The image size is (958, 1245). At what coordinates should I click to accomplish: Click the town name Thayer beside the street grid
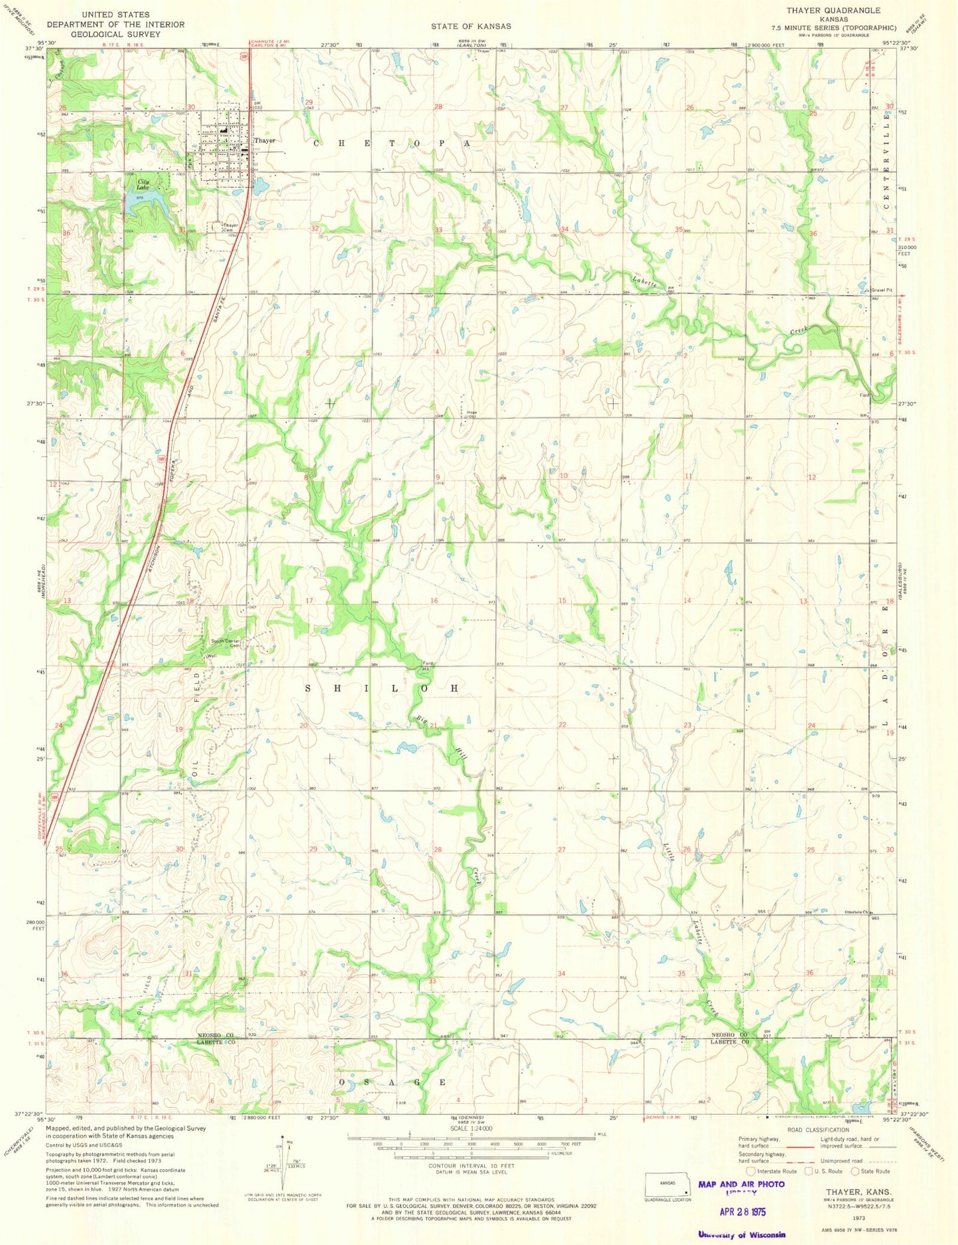point(265,140)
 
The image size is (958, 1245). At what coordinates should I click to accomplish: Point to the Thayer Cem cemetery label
point(230,227)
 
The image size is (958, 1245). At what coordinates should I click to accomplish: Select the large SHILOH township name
point(382,688)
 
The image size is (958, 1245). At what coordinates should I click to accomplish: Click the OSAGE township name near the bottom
point(392,1082)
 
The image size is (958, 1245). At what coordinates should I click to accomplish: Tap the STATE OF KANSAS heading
point(471,26)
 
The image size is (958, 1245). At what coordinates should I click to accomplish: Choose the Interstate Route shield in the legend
point(751,1171)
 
